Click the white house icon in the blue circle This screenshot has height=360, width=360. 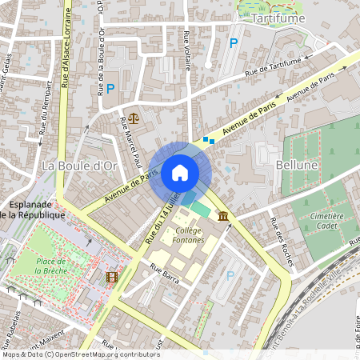point(179,172)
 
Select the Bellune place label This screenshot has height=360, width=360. point(297,164)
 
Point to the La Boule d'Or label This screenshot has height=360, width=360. point(79,166)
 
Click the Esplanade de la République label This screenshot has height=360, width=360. point(32,209)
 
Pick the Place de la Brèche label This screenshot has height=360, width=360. point(56,265)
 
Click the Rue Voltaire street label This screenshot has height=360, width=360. point(188,50)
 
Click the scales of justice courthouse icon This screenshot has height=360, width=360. point(133,118)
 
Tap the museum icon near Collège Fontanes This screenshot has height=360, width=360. point(221,216)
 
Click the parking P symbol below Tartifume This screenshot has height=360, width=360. point(234,43)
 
